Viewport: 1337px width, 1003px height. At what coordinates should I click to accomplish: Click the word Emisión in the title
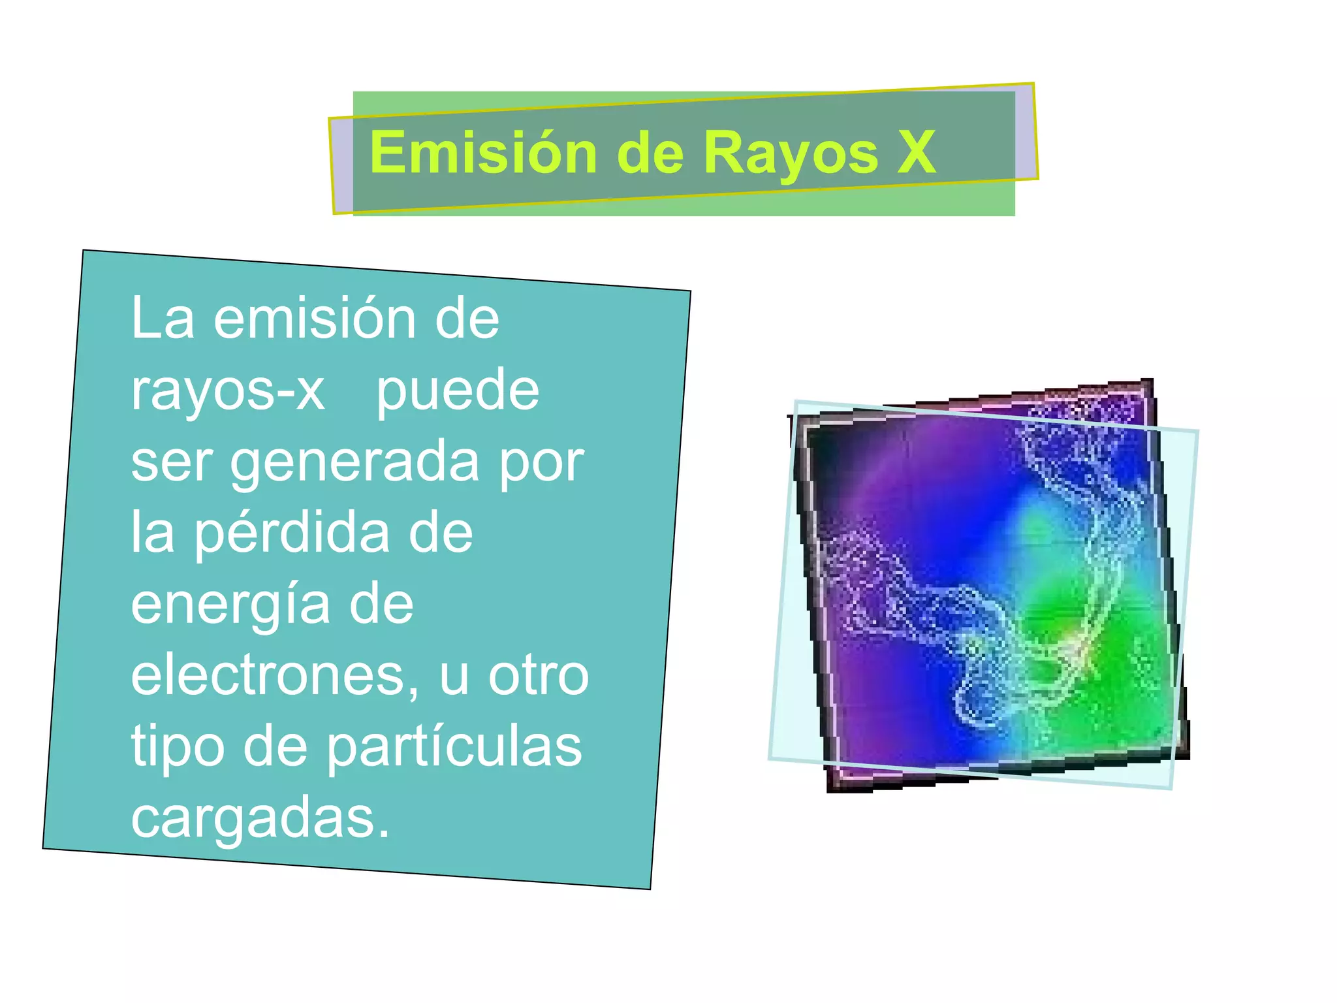click(483, 153)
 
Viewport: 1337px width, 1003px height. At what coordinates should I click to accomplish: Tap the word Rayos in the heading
click(791, 153)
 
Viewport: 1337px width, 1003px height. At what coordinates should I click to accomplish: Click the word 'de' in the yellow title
click(650, 153)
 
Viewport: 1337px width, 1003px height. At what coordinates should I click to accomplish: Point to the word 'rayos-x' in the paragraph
click(227, 390)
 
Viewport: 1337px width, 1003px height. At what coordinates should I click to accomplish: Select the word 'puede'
click(458, 390)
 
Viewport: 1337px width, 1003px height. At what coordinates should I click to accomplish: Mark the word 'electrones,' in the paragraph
click(275, 675)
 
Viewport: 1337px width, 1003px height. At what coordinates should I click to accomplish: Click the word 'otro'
click(539, 675)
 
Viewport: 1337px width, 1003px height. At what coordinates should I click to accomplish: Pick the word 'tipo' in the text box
click(178, 746)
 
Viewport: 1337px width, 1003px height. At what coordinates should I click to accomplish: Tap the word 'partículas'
click(454, 746)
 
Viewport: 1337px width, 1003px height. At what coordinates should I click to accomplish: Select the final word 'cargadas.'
click(260, 818)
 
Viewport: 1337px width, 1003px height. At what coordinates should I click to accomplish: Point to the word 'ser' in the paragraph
click(172, 462)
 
